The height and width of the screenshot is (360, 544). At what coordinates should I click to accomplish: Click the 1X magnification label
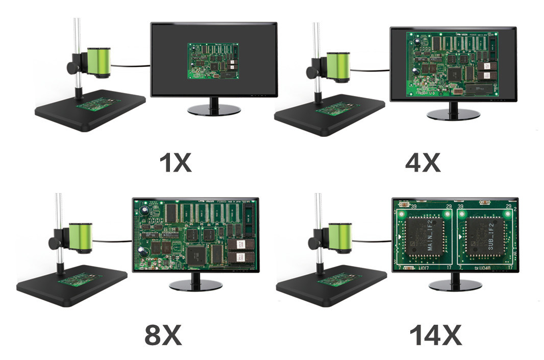(x=175, y=162)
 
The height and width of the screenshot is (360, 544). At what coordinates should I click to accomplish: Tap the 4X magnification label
(x=422, y=162)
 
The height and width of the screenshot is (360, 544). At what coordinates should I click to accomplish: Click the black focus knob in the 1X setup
(x=72, y=67)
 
